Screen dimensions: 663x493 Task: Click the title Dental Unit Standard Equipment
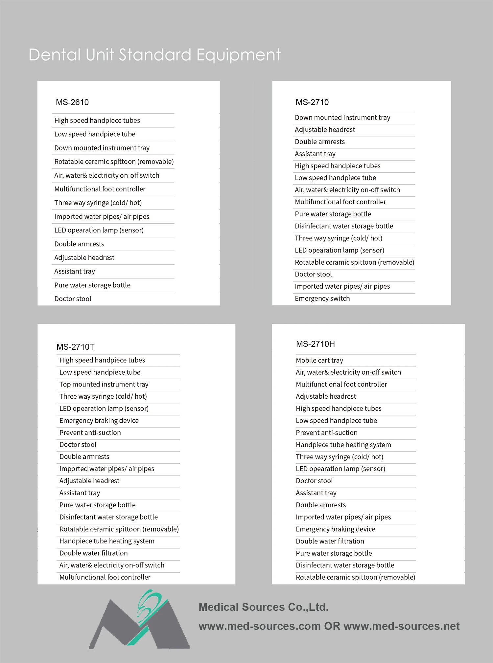154,55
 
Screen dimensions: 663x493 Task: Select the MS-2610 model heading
72,102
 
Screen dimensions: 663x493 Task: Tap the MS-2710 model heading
312,102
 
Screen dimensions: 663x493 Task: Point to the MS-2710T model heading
75,347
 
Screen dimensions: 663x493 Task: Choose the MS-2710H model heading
315,344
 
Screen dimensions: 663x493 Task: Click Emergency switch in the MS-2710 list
322,298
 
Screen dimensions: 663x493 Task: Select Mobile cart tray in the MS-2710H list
319,360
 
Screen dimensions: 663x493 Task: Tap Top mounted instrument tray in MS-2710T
104,384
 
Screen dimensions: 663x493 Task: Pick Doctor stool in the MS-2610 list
73,299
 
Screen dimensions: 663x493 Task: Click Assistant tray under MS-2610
75,271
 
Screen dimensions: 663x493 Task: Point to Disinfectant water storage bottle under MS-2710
344,226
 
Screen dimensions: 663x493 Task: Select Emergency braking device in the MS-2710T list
99,421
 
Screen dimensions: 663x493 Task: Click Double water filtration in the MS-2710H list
330,541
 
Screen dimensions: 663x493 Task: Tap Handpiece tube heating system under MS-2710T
107,541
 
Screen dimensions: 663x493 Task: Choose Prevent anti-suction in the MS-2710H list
326,433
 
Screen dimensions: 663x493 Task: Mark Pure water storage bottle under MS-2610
92,285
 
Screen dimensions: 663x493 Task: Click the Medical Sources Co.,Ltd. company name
263,607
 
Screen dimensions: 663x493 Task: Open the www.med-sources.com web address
259,626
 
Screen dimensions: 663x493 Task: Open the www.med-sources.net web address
401,626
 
